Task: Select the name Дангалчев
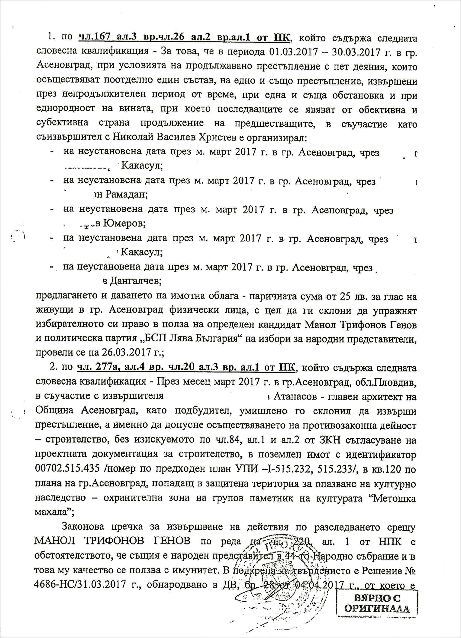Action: tap(135, 281)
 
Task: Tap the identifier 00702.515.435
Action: tap(67, 468)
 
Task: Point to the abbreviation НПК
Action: tap(388, 541)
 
